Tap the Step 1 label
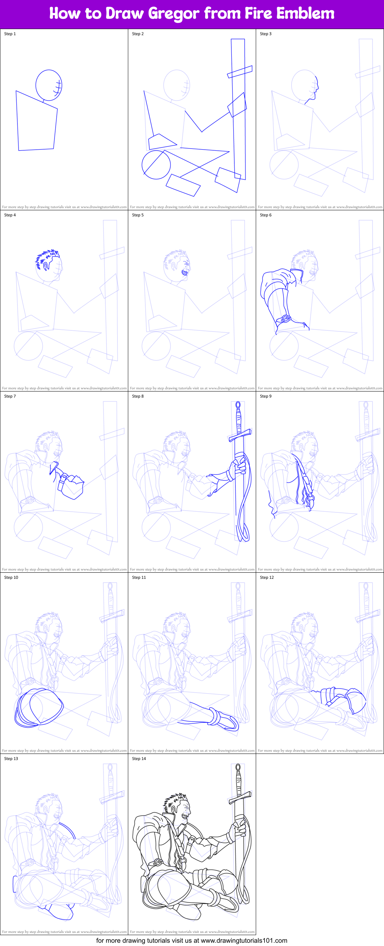(10, 34)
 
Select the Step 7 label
(10, 396)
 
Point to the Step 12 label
(267, 577)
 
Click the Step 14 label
(139, 758)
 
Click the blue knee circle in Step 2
(156, 165)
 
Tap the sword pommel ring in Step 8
(238, 405)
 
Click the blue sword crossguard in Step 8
(240, 435)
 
